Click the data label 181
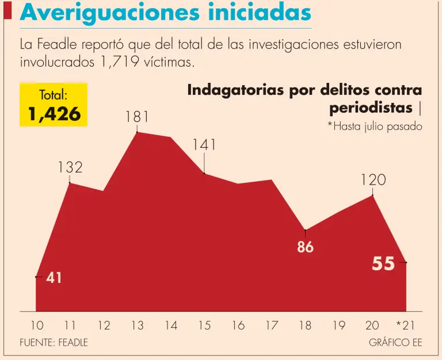137,117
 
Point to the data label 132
70,167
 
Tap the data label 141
204,145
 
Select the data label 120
373,180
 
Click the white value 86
305,248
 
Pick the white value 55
383,263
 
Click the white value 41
54,278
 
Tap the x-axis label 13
137,325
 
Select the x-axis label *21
405,325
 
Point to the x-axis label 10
36,325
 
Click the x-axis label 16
238,325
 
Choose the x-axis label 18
305,325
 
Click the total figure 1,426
54,114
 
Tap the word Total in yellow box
54,94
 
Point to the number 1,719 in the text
120,62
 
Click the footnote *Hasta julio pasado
375,127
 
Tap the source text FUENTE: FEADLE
54,342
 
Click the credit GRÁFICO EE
395,342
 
